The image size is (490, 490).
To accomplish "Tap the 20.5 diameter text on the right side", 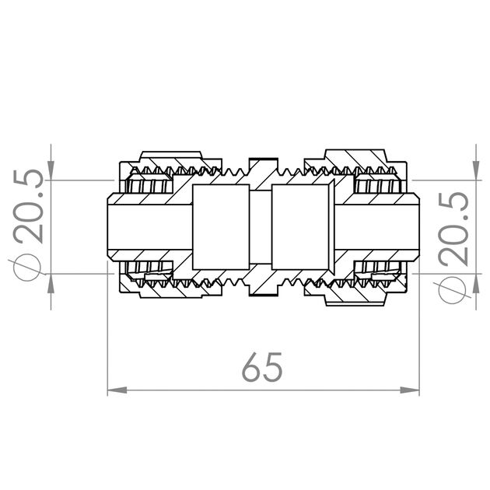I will pos(457,226).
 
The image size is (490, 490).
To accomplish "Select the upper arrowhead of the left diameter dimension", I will pos(51,172).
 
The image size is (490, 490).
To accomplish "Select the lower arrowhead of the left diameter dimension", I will pos(51,281).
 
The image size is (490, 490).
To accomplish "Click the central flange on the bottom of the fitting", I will pos(261,289).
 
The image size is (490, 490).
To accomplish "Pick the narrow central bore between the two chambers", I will pos(261,226).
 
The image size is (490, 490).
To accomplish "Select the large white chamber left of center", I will pos(219,226).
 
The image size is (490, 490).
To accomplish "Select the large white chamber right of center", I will pos(303,226).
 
